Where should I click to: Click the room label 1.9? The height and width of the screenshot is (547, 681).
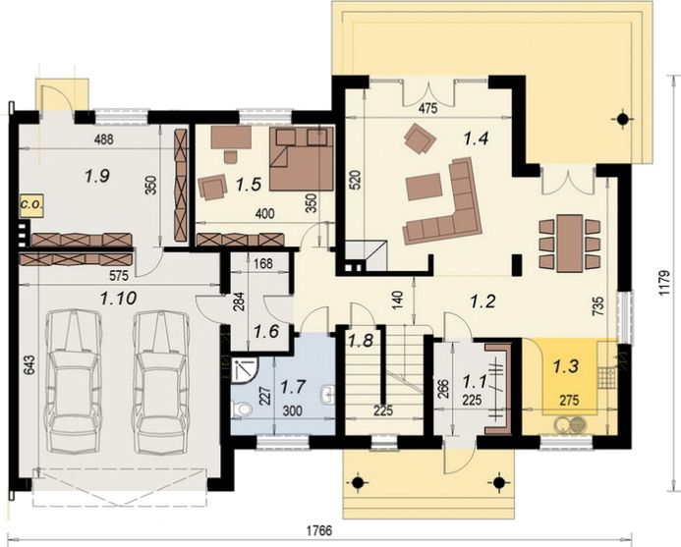[x=97, y=176]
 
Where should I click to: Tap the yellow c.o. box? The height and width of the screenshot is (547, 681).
[x=30, y=205]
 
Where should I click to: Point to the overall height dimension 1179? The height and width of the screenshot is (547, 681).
[x=663, y=284]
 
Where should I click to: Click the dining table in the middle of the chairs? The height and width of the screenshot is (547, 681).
[x=569, y=244]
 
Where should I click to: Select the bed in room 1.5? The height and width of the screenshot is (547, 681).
[x=302, y=158]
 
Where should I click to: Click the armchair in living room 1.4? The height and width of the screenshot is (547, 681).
[x=420, y=138]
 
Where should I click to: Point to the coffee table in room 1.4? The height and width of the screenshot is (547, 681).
[x=424, y=187]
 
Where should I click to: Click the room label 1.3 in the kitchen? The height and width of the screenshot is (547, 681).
[x=566, y=366]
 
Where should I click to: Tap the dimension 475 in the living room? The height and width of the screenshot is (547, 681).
[x=427, y=109]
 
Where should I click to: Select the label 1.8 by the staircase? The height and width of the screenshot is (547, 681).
[x=360, y=341]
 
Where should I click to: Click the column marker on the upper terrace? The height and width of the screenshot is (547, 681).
[x=623, y=118]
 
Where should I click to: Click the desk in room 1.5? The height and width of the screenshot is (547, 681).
[x=231, y=137]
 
